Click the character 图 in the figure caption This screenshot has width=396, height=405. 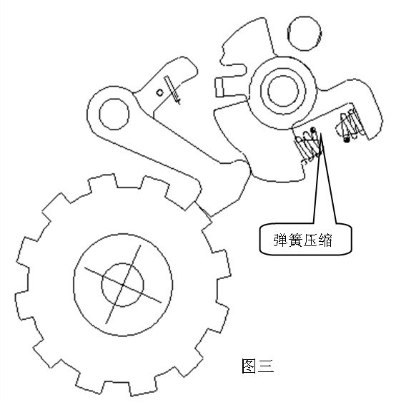(x=249, y=366)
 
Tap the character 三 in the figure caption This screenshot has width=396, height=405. (x=265, y=366)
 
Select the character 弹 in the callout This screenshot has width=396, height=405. (x=281, y=240)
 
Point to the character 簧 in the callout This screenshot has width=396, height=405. (x=295, y=240)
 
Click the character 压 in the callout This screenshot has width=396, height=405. (x=310, y=240)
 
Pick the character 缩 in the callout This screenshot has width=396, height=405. (x=325, y=240)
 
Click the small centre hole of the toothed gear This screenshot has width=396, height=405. (x=122, y=285)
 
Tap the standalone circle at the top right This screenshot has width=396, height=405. (x=305, y=34)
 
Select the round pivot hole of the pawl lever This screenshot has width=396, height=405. (x=114, y=114)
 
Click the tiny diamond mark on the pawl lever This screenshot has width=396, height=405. (x=160, y=93)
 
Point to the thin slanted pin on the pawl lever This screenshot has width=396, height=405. (x=172, y=89)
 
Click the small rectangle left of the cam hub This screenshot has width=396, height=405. (x=219, y=87)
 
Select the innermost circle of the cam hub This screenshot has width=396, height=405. (x=283, y=91)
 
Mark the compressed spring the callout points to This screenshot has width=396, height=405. (x=308, y=145)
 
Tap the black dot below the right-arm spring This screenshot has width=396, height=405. (x=347, y=140)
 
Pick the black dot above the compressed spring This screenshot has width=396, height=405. (x=313, y=129)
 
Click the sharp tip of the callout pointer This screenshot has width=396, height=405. (x=321, y=133)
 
